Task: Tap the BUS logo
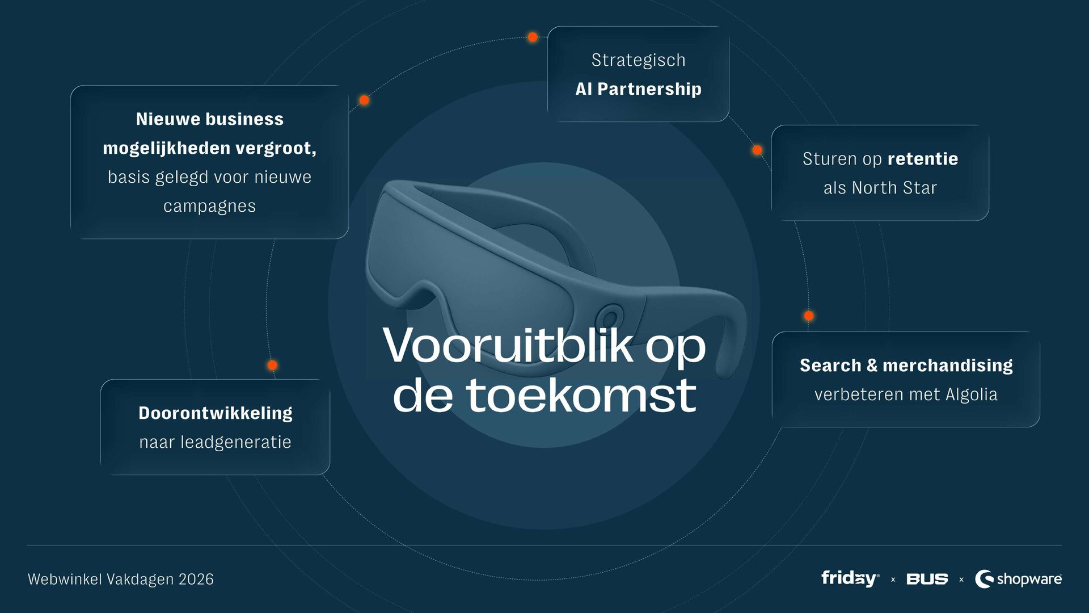(x=927, y=579)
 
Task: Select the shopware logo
(x=1018, y=579)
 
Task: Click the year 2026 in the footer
(x=196, y=579)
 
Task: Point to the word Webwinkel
(x=65, y=579)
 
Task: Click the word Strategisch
(x=638, y=60)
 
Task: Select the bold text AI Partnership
(x=638, y=89)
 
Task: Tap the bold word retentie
(x=923, y=159)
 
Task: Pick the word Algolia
(x=971, y=394)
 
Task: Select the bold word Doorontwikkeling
(x=216, y=413)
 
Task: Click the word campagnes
(x=209, y=206)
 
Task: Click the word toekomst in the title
(x=581, y=396)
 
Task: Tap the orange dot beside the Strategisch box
(x=533, y=37)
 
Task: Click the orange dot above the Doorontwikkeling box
(x=272, y=366)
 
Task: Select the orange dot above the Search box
(x=809, y=316)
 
